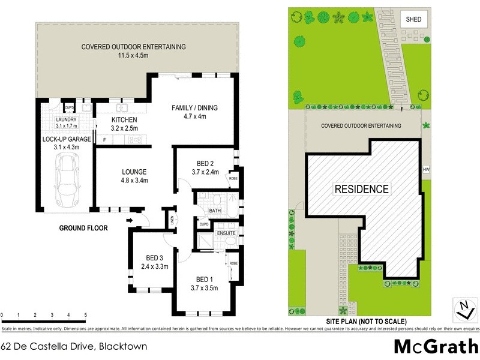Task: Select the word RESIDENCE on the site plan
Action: tap(361, 189)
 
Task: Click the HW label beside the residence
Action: tap(426, 169)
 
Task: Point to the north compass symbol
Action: tap(463, 310)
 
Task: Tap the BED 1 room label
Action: tap(204, 279)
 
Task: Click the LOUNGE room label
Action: tap(134, 171)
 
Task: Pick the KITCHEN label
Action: tap(125, 120)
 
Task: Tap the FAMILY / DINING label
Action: tap(194, 108)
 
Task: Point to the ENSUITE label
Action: tap(226, 232)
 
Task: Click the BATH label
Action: tap(214, 211)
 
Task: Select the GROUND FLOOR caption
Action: tap(83, 228)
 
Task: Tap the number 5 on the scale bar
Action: tap(86, 315)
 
